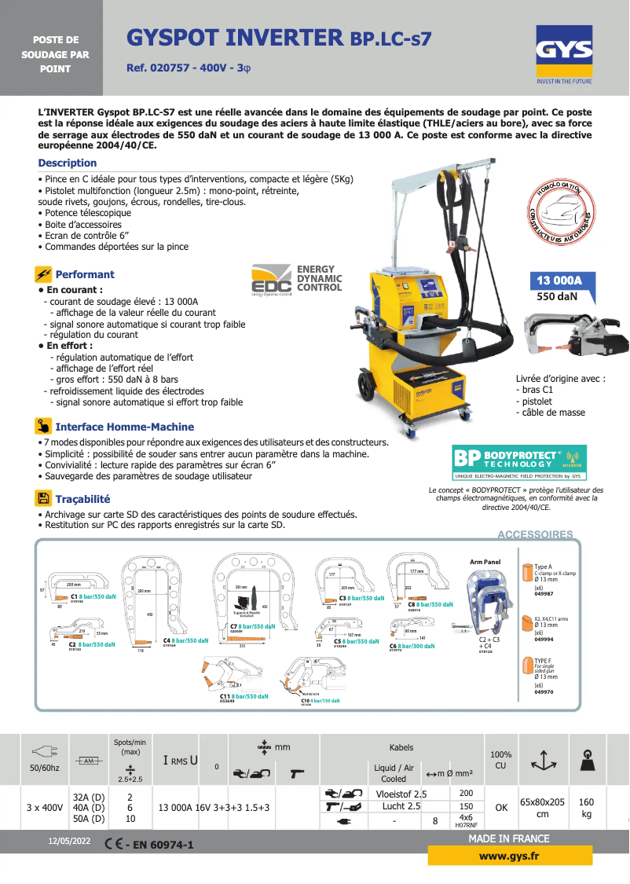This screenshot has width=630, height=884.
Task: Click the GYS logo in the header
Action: pos(564,51)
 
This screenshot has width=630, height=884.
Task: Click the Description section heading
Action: pos(68,163)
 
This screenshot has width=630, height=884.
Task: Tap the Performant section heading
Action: pos(84,274)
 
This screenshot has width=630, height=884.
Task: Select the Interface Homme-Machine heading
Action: pos(124,427)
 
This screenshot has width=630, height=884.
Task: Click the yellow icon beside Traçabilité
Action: pos(43,498)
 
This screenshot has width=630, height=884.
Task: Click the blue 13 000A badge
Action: pos(559,281)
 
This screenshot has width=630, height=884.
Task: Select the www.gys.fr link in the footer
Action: pos(510,855)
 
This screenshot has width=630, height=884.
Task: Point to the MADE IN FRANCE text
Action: pos(508,838)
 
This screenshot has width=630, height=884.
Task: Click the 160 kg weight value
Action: pos(586,808)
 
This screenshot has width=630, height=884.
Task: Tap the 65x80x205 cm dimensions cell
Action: pos(542,808)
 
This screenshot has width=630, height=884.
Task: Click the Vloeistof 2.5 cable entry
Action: pos(401,794)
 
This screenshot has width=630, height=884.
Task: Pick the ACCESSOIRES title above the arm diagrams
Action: pos(535,534)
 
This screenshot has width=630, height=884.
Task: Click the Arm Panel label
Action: pos(485,562)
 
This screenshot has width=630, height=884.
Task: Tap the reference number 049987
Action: pos(544,594)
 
